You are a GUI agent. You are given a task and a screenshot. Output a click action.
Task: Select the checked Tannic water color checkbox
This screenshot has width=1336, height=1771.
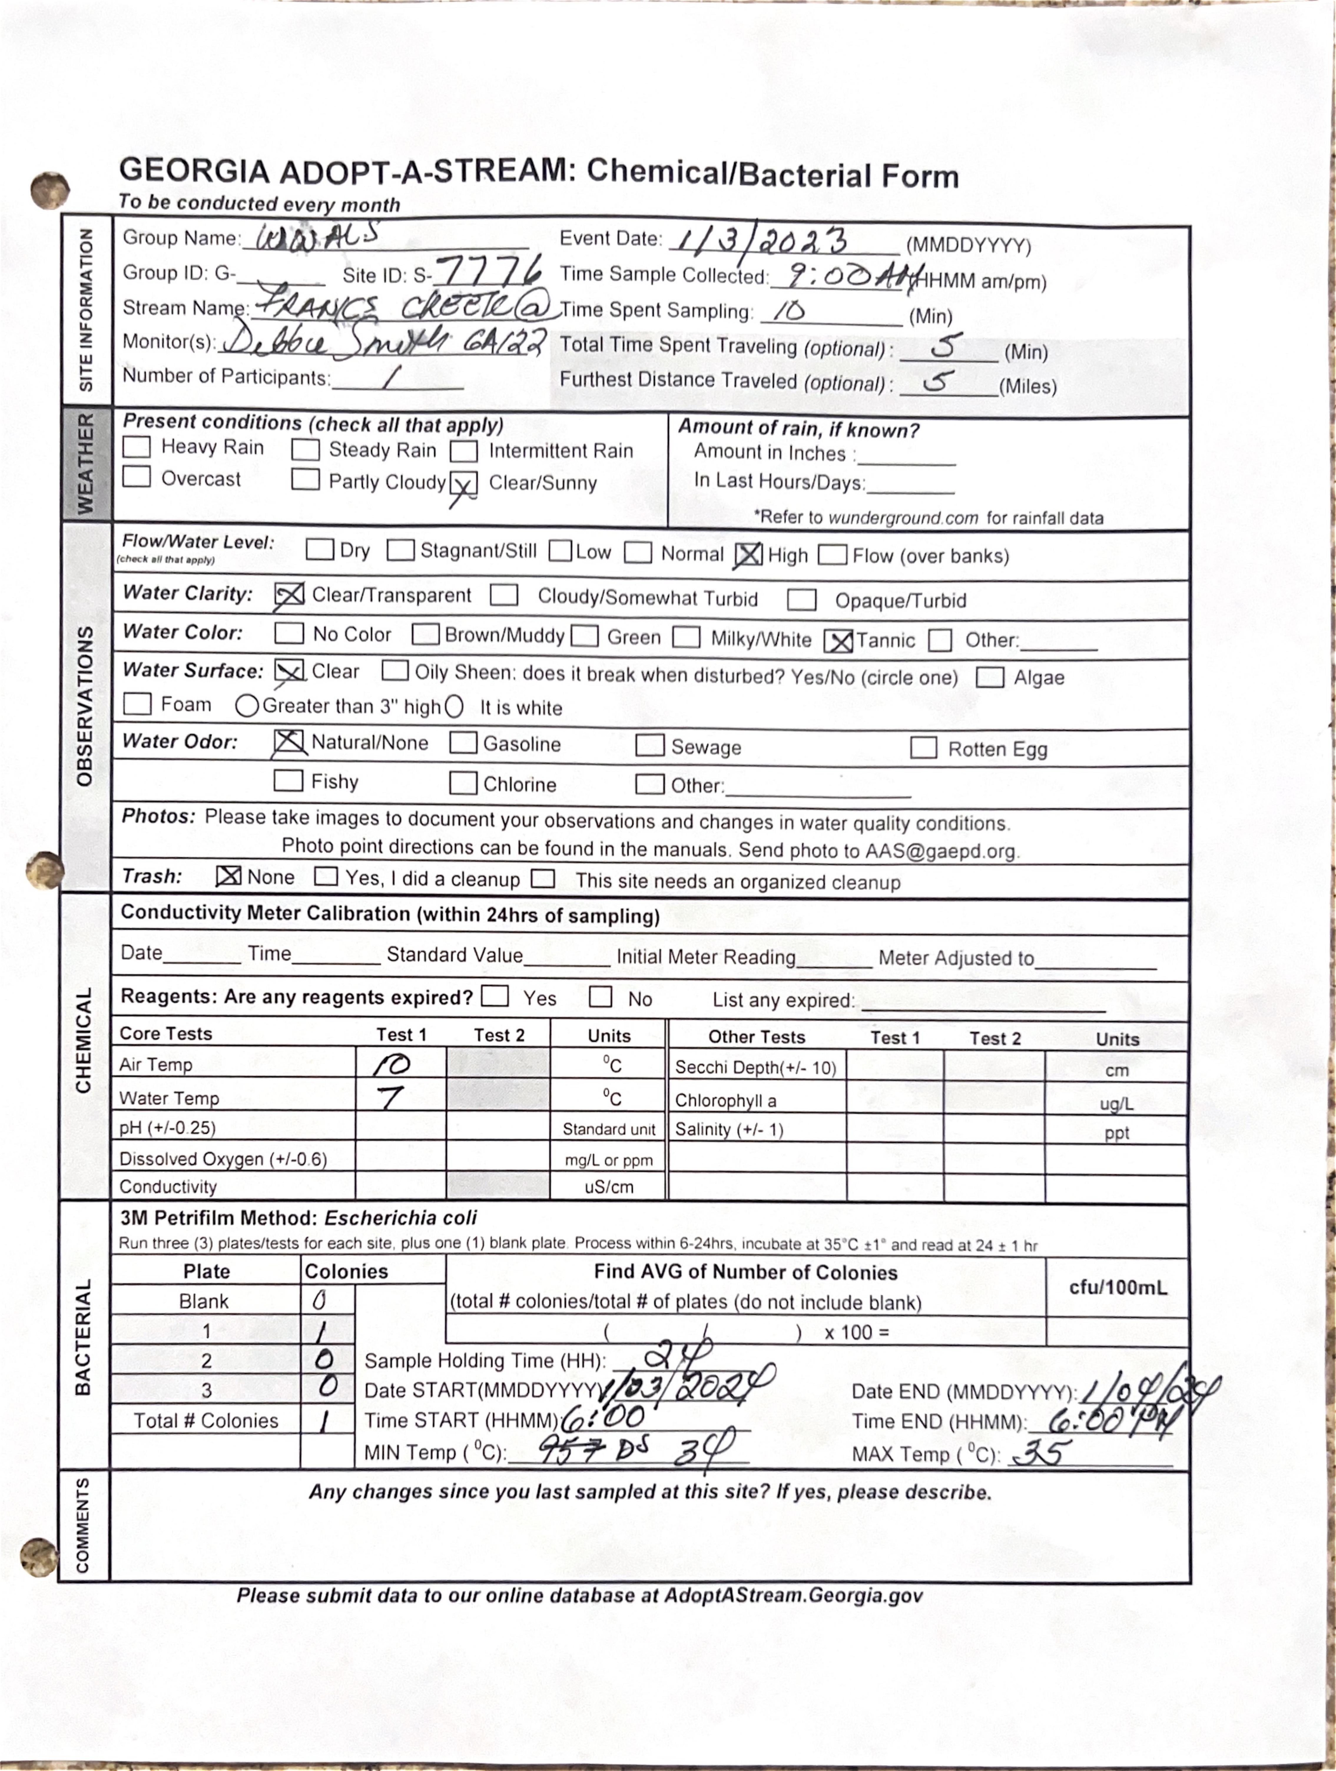point(838,641)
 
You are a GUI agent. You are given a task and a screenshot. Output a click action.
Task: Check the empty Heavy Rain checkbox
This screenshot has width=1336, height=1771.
point(137,447)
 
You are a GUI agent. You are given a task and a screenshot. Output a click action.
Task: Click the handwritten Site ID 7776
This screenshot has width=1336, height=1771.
point(489,271)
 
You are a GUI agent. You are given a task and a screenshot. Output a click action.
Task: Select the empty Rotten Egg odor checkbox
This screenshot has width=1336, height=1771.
point(924,748)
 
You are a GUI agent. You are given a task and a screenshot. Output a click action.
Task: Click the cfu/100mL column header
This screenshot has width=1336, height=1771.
point(1117,1287)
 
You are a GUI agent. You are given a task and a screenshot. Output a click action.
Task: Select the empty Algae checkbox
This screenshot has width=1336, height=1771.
point(990,677)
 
